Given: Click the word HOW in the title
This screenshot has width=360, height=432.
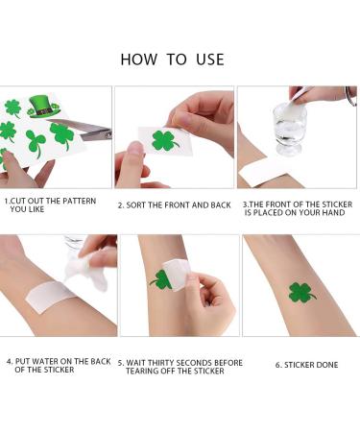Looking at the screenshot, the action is [139, 60].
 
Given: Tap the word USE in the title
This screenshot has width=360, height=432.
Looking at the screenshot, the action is [210, 60].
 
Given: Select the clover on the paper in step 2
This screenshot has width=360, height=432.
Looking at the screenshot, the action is [164, 140].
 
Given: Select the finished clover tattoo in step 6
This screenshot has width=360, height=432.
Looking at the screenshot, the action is [300, 293].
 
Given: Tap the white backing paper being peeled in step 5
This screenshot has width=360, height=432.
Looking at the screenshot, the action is [176, 275].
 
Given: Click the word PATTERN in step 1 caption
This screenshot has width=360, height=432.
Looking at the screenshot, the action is [79, 201].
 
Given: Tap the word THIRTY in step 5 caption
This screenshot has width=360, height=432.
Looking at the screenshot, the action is [161, 363].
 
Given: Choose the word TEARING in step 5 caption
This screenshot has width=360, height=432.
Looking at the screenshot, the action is [141, 372].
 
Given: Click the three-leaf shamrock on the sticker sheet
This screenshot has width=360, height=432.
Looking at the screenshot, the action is [36, 142].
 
